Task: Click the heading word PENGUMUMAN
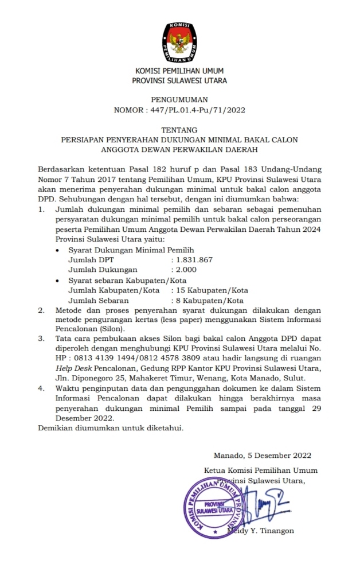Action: [x=179, y=99]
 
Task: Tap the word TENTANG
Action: [x=179, y=130]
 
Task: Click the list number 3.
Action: [x=41, y=339]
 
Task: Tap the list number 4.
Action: [x=41, y=388]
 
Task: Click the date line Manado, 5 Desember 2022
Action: [x=262, y=456]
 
